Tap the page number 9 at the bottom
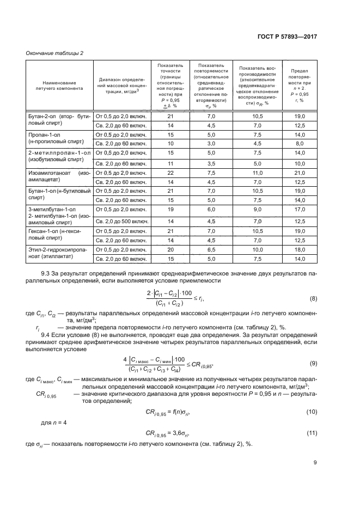[314, 463]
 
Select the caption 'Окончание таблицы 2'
[55, 53]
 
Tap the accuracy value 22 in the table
[170, 173]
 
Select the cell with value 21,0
[300, 173]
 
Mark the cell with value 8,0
[300, 143]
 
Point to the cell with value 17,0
[300, 209]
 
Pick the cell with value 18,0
[300, 249]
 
